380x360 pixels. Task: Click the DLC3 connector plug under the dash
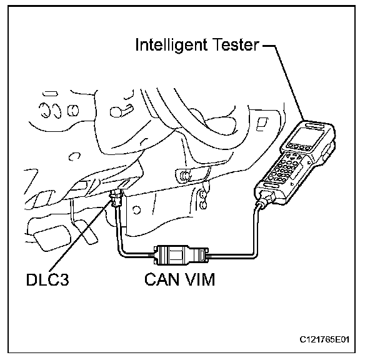(x=116, y=199)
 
